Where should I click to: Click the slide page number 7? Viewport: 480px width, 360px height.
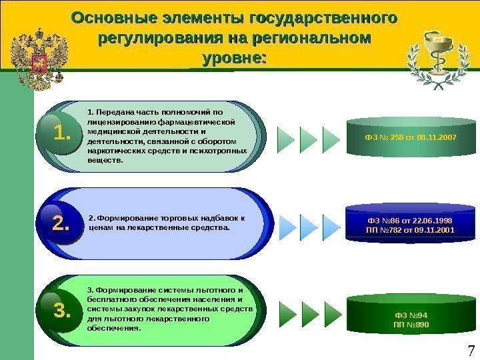click(x=471, y=351)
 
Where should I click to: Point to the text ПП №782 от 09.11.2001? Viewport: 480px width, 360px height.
click(x=410, y=231)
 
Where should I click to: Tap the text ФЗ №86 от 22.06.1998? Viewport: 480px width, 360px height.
click(x=410, y=219)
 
